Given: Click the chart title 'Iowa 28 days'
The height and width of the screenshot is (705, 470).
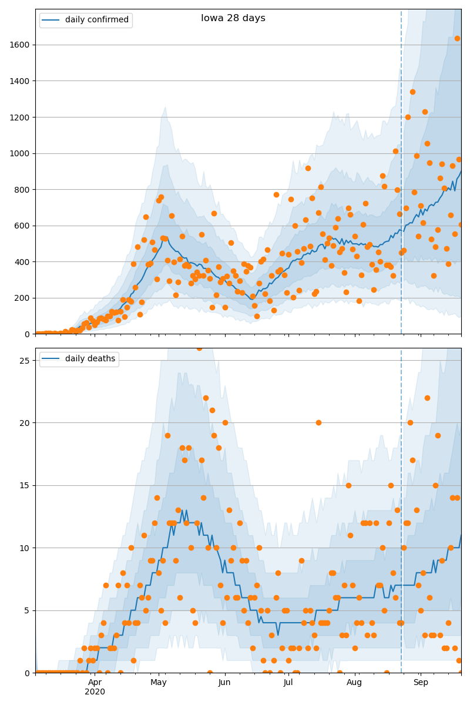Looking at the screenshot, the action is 233,18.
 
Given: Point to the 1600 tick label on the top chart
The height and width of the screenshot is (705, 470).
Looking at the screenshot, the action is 19,45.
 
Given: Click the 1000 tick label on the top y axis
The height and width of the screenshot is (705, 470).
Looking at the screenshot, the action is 19,153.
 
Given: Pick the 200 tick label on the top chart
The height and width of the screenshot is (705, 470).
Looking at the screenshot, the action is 22,298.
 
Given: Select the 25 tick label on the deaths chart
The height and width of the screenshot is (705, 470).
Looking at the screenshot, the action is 25,361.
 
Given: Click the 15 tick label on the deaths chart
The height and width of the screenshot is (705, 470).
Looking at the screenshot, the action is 25,486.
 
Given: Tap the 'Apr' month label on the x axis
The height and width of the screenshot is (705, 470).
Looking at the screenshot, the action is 95,682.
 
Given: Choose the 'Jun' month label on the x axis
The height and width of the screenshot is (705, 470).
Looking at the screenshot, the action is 224,682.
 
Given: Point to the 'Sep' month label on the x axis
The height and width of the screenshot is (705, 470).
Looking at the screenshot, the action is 421,682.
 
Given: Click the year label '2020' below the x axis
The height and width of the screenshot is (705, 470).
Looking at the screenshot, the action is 95,692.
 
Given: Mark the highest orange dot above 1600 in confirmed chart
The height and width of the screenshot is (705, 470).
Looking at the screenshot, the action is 458,38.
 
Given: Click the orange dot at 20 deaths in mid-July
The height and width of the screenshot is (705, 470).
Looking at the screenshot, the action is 318,422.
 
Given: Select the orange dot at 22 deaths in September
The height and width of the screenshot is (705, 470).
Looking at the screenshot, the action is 427,398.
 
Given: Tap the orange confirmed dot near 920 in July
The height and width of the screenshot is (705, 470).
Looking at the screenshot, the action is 308,169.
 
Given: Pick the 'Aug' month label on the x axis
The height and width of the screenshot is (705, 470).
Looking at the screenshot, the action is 354,682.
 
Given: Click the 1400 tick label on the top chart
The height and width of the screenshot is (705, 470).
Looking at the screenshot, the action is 19,81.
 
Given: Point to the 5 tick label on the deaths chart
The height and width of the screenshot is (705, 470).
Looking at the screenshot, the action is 27,610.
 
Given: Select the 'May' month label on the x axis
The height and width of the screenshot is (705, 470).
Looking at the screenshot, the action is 159,682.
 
